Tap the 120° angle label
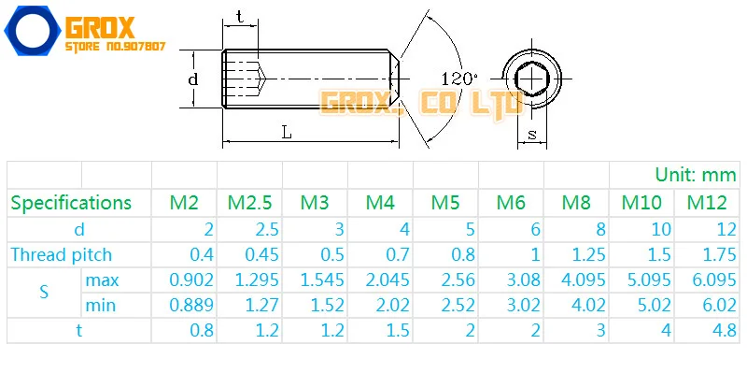(459, 79)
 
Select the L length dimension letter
(286, 133)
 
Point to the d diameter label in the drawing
(192, 79)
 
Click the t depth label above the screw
(240, 18)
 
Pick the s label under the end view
(532, 135)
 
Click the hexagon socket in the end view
(532, 78)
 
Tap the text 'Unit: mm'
(696, 175)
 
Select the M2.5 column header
(249, 203)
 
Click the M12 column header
(707, 203)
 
